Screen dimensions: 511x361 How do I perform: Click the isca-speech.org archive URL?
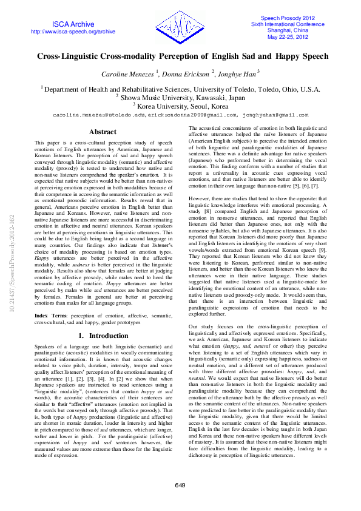coord(73,32)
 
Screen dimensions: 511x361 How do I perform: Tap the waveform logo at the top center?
coord(180,27)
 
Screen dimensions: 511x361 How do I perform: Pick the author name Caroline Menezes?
coord(132,73)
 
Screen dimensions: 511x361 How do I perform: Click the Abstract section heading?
coord(103,132)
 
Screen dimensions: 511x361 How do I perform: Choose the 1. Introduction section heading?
coord(103,336)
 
